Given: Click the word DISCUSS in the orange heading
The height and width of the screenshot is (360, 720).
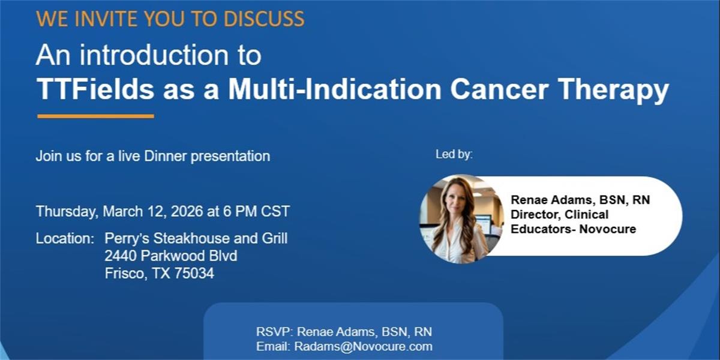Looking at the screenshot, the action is [264, 19].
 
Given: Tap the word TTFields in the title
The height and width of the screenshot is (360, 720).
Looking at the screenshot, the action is [95, 89].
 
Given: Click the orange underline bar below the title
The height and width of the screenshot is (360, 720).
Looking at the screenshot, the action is [96, 116].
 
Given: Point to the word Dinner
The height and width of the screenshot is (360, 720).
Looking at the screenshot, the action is [165, 156].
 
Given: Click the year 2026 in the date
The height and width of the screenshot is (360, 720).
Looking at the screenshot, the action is [187, 211].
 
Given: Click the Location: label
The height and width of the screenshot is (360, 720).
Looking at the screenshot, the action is [65, 239].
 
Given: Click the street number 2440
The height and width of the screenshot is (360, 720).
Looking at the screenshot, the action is [121, 256].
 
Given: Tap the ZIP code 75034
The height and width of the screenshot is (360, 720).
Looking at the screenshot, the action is [194, 274].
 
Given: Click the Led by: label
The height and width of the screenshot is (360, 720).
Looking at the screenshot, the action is [454, 155].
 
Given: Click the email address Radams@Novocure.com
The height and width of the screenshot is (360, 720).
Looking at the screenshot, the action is [363, 347].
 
